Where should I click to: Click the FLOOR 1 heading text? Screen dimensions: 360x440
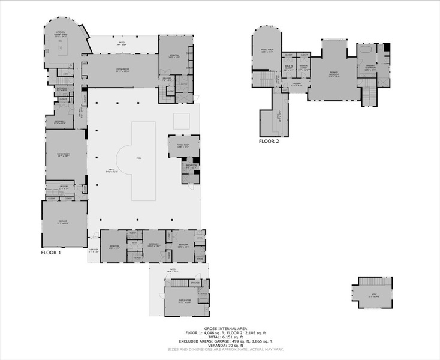click(50, 253)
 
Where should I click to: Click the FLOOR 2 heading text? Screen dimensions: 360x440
click(269, 142)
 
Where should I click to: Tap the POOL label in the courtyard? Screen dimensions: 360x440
click(139, 158)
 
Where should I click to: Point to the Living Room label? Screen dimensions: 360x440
click(122, 70)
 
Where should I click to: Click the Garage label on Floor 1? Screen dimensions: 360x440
click(63, 222)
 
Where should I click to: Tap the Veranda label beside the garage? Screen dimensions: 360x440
click(94, 250)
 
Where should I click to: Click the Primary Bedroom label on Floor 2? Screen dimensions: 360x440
click(334, 74)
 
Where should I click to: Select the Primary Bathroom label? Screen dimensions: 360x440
click(370, 67)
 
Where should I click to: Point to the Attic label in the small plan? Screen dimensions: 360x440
click(375, 295)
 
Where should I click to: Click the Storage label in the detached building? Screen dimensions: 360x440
click(195, 283)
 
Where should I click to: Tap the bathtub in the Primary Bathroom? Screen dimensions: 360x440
click(366, 51)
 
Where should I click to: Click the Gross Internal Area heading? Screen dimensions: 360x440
click(219, 328)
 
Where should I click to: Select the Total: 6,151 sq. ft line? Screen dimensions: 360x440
click(219, 337)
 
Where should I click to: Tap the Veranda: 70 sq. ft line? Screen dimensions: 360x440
click(219, 345)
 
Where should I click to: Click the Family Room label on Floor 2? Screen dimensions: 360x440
click(267, 50)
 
